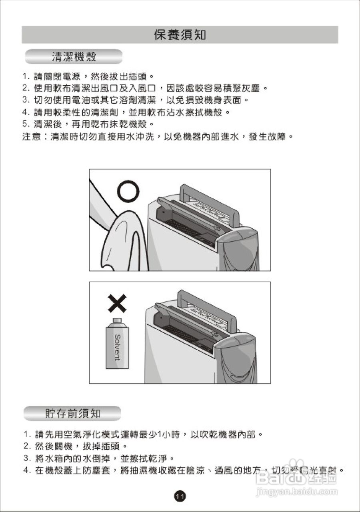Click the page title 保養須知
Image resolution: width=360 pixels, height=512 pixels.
180,35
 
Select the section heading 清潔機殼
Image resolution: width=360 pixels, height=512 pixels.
74,57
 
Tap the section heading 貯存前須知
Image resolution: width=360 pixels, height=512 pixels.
72,413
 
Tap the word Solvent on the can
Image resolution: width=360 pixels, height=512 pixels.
117,347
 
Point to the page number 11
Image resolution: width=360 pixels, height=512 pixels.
180,496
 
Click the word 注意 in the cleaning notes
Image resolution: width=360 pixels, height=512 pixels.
31,137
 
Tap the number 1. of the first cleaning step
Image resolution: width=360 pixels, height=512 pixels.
26,76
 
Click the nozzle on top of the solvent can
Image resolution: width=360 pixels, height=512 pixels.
117,321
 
